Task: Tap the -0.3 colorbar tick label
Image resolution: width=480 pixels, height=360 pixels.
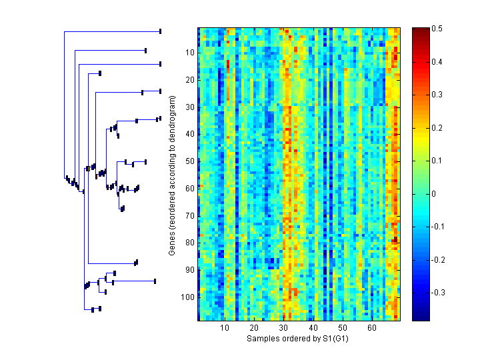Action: (439, 292)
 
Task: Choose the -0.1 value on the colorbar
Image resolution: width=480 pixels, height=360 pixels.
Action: (439, 227)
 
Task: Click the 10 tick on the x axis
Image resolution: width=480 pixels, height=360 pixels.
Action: (225, 328)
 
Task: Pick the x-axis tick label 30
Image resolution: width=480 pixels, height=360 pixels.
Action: (283, 328)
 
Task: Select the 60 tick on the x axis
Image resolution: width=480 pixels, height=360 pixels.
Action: (371, 328)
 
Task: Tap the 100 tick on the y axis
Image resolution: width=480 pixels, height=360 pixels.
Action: (187, 297)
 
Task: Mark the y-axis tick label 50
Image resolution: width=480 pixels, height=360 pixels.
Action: (189, 161)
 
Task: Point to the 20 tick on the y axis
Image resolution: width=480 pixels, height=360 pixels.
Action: (189, 79)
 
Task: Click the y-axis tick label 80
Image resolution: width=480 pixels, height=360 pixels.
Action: (189, 243)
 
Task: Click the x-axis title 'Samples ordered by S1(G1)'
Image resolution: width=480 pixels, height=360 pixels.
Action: (299, 339)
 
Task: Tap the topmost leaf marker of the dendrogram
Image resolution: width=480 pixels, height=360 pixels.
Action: (161, 31)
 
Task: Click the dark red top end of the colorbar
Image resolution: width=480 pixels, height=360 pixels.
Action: (421, 31)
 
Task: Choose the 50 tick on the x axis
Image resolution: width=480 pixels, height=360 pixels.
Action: (342, 328)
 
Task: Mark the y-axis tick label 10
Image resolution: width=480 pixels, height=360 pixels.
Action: (189, 52)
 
